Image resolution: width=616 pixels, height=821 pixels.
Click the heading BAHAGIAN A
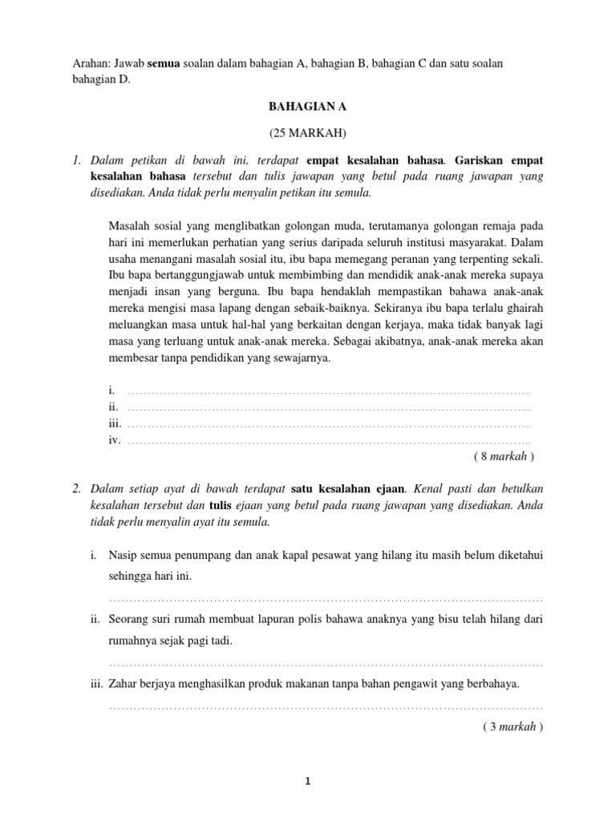coord(308,104)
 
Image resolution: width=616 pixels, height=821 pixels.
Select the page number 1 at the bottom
coord(308,785)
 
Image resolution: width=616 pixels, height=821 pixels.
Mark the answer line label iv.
coord(113,440)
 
